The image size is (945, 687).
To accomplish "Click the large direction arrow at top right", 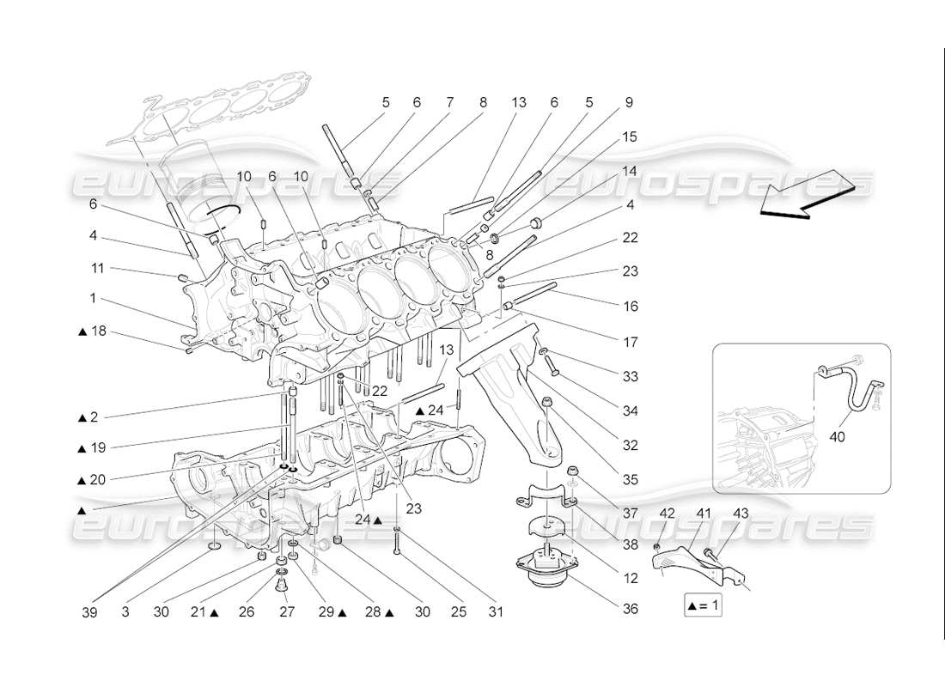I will [x=808, y=193].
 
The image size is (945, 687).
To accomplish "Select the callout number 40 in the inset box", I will [x=837, y=436].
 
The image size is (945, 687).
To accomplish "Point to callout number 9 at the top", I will [x=629, y=102].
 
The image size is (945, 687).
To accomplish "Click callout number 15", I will [x=631, y=137].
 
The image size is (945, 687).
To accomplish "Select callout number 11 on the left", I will [x=97, y=268].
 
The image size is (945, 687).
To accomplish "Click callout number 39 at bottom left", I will [x=90, y=612].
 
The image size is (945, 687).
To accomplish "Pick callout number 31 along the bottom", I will [x=496, y=612].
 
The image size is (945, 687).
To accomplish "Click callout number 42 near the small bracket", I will [x=667, y=514].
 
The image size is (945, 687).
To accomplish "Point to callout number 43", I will [x=741, y=514].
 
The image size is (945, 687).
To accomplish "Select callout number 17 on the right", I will [x=631, y=342].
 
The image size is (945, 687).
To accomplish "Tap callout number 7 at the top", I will [x=449, y=102].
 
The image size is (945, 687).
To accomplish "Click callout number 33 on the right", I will [x=631, y=376].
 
